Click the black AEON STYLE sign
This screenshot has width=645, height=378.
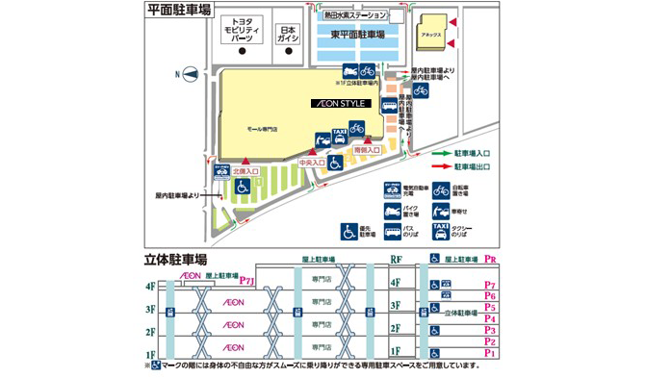click(336, 102)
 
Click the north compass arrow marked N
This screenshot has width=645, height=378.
click(191, 72)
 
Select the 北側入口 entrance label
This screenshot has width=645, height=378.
click(245, 174)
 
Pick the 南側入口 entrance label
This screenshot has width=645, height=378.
click(368, 149)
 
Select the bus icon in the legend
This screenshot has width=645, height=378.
click(393, 231)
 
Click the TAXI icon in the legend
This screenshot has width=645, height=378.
click(440, 231)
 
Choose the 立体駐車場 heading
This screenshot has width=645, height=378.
click(179, 261)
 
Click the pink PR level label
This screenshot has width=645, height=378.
click(490, 260)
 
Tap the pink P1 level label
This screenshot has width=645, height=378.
click(490, 353)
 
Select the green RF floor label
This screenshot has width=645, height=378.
click(396, 260)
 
